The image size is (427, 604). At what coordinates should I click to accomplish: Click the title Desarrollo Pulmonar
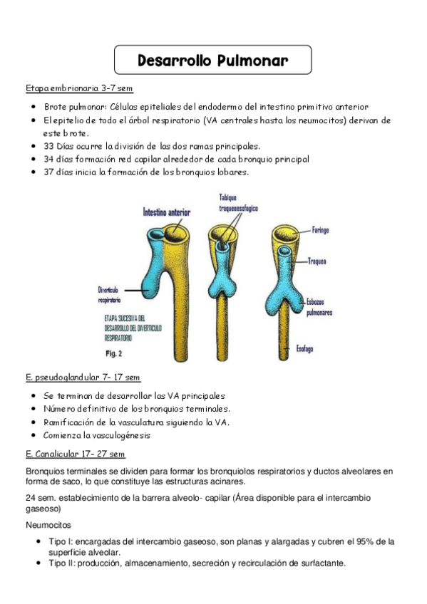(213, 61)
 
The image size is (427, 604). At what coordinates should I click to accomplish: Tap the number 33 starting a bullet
(49, 146)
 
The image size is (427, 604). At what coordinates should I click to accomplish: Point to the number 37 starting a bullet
(49, 172)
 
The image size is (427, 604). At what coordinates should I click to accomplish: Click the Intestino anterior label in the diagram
(168, 212)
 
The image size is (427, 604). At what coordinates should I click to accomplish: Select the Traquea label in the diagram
(317, 261)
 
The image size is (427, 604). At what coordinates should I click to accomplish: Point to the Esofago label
(305, 349)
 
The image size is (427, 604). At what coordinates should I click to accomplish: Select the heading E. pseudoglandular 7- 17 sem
(83, 377)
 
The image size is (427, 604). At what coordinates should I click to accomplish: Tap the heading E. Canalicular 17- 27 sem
(76, 454)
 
